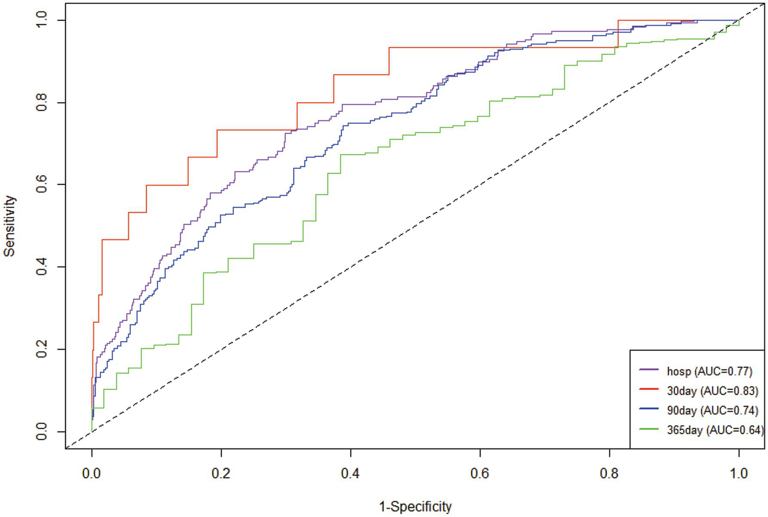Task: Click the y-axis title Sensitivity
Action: pyautogui.click(x=9, y=226)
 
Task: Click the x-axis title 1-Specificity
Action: pyautogui.click(x=415, y=506)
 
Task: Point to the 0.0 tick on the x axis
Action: pyautogui.click(x=92, y=473)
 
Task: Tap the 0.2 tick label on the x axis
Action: pyautogui.click(x=221, y=473)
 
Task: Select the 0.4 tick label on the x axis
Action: pyautogui.click(x=350, y=473)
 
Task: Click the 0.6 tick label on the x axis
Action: pyautogui.click(x=480, y=473)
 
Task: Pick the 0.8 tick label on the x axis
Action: pyautogui.click(x=609, y=473)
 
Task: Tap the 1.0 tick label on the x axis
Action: pyautogui.click(x=738, y=473)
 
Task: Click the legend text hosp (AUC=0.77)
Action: pyautogui.click(x=709, y=371)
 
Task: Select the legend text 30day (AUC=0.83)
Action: pyautogui.click(x=712, y=391)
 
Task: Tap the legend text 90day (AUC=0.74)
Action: pyautogui.click(x=712, y=410)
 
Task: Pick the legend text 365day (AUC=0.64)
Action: pyautogui.click(x=714, y=430)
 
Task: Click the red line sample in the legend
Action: pyautogui.click(x=648, y=389)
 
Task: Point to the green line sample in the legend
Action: pyautogui.click(x=648, y=428)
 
